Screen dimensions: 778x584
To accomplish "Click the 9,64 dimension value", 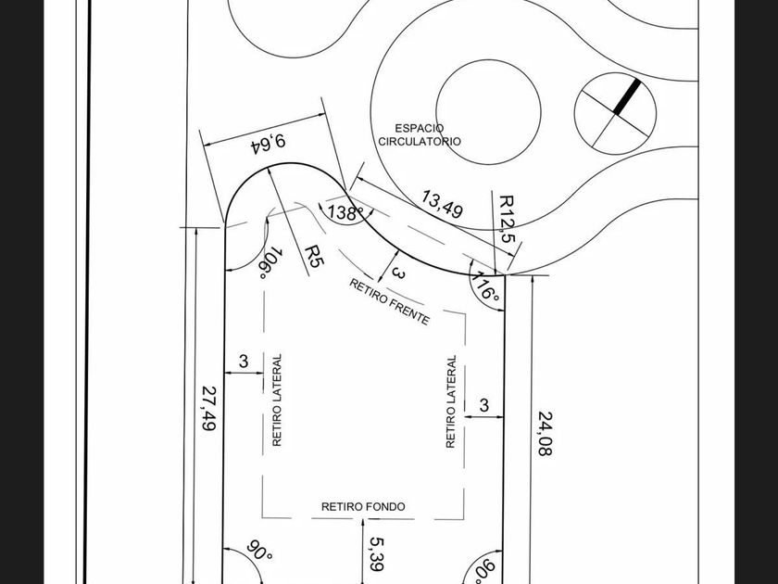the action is point(266,144).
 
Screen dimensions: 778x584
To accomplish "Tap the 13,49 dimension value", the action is point(442,204).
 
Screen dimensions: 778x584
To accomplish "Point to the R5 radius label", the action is point(314,256).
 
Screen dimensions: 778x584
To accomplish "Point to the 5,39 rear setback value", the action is point(376,553).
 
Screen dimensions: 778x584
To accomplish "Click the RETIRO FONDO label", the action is point(363,507).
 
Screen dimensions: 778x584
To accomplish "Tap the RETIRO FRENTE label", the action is point(389,301).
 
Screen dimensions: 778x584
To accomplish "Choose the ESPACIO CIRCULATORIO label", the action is point(419,134).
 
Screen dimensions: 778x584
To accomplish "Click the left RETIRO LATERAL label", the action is point(276,400).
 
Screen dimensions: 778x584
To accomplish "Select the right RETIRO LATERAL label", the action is point(451,402).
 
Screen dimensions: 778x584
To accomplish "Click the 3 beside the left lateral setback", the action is point(244,362).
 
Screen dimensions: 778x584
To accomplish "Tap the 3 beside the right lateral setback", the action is point(484,405).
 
